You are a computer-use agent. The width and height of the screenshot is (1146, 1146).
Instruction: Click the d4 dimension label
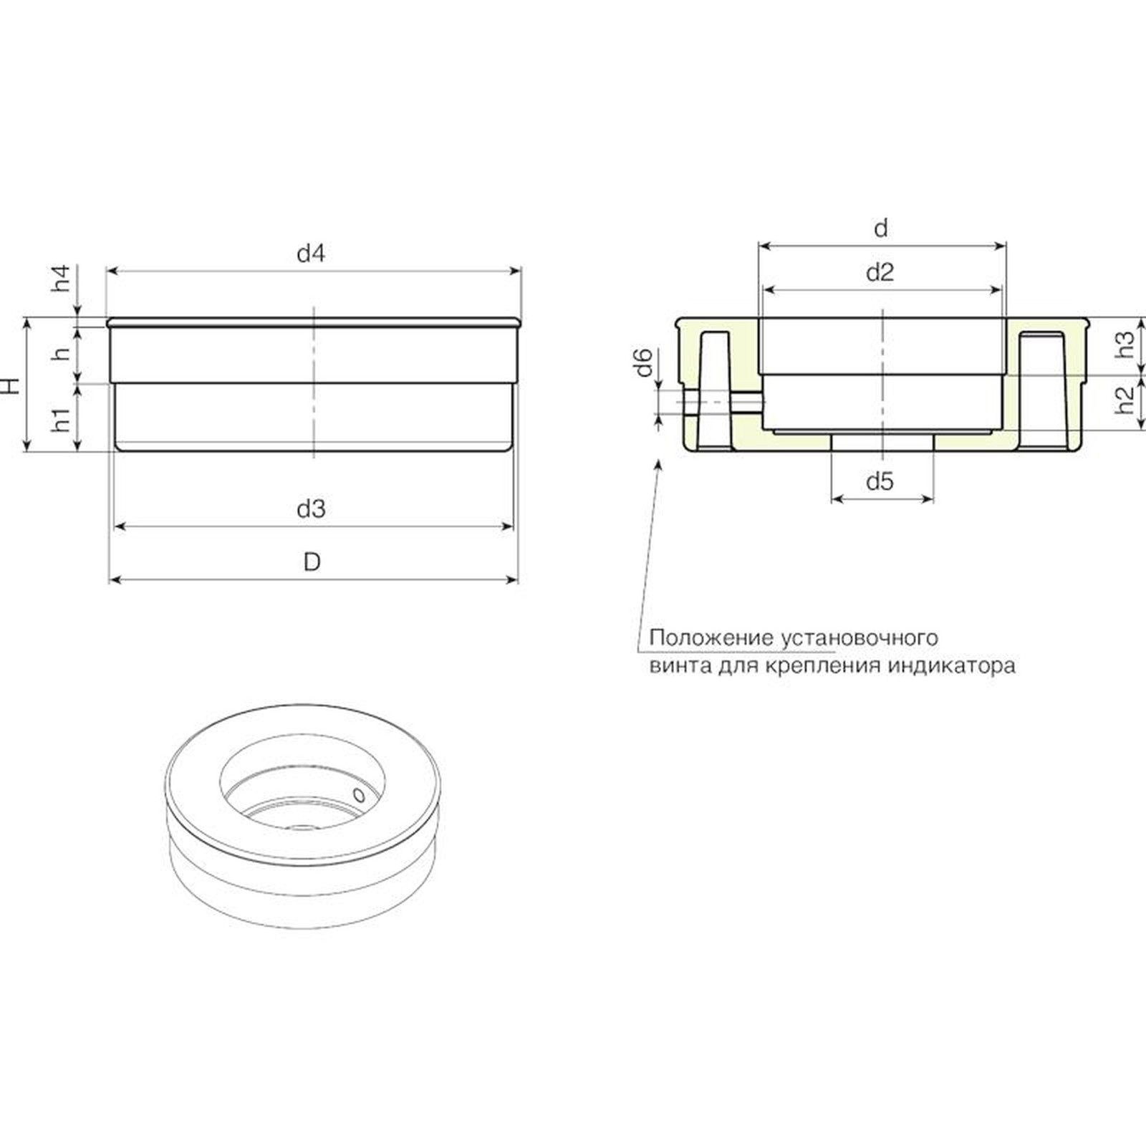[311, 254]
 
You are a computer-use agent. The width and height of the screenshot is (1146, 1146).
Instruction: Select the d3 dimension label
[311, 509]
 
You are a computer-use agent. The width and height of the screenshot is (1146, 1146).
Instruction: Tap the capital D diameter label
[312, 562]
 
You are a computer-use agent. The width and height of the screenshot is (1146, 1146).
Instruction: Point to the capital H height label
[10, 385]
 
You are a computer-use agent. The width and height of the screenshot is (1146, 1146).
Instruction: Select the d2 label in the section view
[880, 272]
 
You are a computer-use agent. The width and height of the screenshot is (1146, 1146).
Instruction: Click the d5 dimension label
[880, 481]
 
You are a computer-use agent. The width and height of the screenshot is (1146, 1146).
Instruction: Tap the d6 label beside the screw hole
[645, 362]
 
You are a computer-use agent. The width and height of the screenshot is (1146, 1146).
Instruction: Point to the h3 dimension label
[1126, 345]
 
